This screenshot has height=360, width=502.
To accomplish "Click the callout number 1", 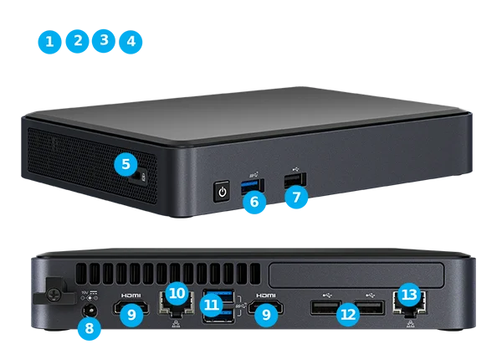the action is [50, 42].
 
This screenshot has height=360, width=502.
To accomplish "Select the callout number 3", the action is [104, 40].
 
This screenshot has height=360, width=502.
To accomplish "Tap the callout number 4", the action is [131, 41].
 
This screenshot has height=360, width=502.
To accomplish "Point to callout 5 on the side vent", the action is [125, 163].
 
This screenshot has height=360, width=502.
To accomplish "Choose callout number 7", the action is [296, 198].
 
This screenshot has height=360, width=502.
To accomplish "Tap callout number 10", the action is [176, 293].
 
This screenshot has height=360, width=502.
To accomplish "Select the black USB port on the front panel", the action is [295, 179].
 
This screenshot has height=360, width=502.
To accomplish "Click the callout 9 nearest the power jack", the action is [131, 315].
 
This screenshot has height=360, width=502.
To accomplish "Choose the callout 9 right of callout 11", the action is [266, 315].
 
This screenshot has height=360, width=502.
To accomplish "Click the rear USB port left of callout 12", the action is [322, 308].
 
